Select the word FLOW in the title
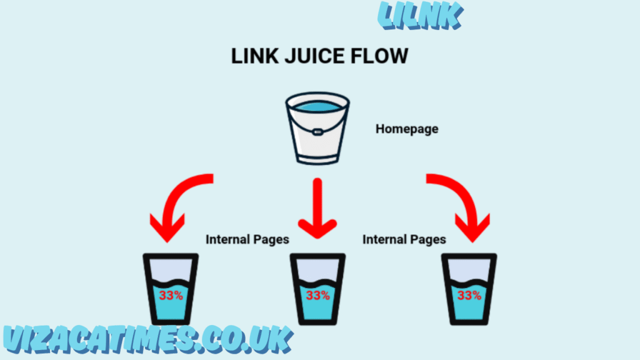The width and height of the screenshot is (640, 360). (382, 56)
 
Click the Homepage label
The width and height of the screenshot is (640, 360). (407, 129)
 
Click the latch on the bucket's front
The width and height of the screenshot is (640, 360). (317, 132)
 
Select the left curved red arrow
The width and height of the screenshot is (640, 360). (179, 206)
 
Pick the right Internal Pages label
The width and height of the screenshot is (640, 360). (404, 239)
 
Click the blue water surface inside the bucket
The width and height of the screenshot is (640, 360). (317, 107)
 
